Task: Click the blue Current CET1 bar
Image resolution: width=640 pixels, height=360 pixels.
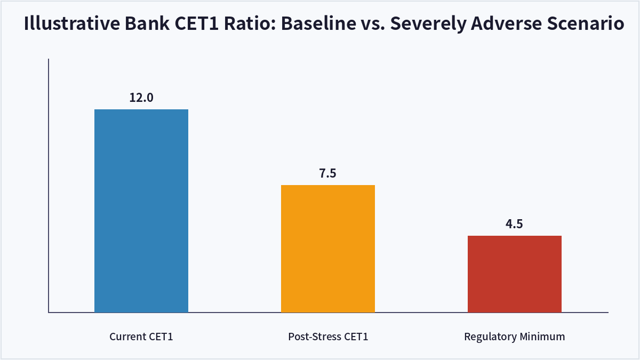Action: click(x=141, y=211)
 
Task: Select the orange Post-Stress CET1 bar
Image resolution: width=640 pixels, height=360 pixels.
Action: click(x=327, y=249)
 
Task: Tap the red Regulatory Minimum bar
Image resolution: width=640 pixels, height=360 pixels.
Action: click(x=514, y=274)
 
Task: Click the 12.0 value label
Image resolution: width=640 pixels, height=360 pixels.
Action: click(x=141, y=98)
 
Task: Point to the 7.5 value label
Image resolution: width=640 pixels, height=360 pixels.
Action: click(x=327, y=173)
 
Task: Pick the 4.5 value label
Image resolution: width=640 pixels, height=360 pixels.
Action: click(x=514, y=224)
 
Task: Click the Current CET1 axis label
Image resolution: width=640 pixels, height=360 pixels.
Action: click(x=141, y=337)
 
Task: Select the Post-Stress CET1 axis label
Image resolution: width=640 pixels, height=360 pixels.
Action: click(x=328, y=337)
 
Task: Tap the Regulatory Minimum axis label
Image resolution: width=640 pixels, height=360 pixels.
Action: click(x=514, y=337)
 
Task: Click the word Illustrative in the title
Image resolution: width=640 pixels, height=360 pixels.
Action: click(x=72, y=23)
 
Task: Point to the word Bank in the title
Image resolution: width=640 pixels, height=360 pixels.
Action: click(x=147, y=23)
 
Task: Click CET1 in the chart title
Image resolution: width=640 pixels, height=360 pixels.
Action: click(x=196, y=23)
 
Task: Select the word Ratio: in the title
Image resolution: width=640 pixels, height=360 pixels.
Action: click(x=250, y=23)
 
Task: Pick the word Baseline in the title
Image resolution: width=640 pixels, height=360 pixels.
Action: click(x=318, y=23)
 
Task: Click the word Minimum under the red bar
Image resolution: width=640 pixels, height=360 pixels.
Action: click(x=542, y=337)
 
